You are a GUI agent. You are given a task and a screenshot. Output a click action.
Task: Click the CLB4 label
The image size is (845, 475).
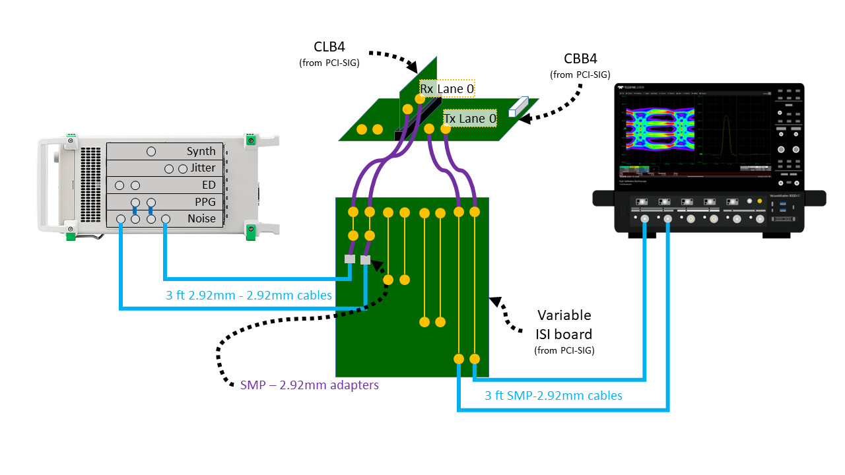[329, 47]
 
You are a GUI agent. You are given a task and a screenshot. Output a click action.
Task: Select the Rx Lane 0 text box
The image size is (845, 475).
[447, 88]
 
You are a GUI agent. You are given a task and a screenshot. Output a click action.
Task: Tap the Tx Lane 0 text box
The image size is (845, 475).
[469, 119]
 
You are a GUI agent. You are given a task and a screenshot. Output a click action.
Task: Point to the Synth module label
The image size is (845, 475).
[201, 152]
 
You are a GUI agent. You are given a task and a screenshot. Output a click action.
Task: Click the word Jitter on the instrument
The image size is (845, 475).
[203, 168]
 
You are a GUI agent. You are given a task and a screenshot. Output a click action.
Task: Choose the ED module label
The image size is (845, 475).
[209, 185]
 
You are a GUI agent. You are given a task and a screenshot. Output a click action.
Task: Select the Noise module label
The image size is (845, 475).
[201, 219]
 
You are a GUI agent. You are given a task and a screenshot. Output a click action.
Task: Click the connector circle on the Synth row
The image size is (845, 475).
[151, 152]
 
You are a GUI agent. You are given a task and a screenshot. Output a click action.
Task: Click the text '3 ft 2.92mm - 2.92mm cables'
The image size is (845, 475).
[249, 296]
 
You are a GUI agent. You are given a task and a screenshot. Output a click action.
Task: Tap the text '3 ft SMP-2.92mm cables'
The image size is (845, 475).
[553, 396]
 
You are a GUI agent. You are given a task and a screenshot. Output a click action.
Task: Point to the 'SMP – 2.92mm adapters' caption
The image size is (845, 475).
[310, 385]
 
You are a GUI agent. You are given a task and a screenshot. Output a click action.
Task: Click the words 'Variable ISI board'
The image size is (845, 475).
[564, 324]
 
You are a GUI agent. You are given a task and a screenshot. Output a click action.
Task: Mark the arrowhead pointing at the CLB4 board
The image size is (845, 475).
[413, 67]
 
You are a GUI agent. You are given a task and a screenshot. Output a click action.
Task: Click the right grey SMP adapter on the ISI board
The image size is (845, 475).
[365, 260]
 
